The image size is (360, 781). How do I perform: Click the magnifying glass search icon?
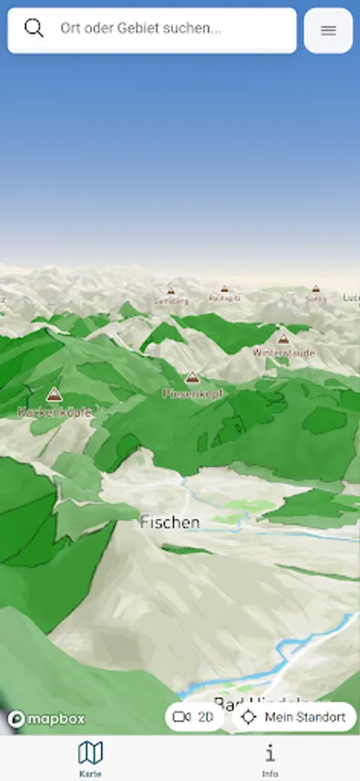point(34,28)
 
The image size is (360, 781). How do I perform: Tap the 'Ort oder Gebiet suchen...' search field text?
point(141,29)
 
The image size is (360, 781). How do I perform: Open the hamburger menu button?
point(328,30)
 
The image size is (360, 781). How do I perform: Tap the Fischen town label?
point(170,522)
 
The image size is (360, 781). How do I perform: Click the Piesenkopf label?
point(193,393)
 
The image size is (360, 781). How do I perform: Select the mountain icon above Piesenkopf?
point(193,377)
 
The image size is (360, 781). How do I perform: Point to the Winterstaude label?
point(283,353)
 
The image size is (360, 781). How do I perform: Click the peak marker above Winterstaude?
point(283,338)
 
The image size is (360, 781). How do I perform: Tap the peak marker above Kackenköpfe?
point(54,396)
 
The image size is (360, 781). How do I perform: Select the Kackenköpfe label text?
point(54,413)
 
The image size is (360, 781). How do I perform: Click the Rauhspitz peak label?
point(224,298)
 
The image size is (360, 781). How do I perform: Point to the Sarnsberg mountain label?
point(170,301)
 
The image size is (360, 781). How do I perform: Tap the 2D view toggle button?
point(194,717)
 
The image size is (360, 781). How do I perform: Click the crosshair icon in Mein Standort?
point(249,717)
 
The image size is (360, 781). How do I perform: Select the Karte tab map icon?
point(90,751)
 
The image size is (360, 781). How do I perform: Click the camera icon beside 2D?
point(182,717)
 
